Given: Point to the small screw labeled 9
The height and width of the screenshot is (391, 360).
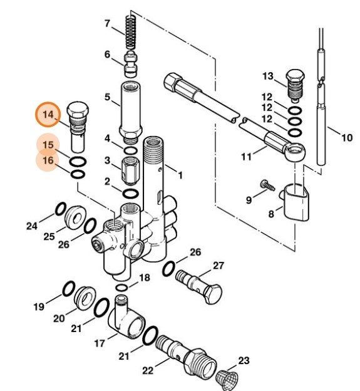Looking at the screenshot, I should tap(267, 185).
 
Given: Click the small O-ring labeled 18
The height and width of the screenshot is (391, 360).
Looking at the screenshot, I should tap(123, 286).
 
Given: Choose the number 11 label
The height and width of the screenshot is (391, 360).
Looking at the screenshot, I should tap(245, 155).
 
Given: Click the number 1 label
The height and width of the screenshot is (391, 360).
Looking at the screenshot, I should tap(180, 174).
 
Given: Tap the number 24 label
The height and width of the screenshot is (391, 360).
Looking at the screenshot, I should tap(32, 226).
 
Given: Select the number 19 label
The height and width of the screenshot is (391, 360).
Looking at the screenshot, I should tap(39, 307).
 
